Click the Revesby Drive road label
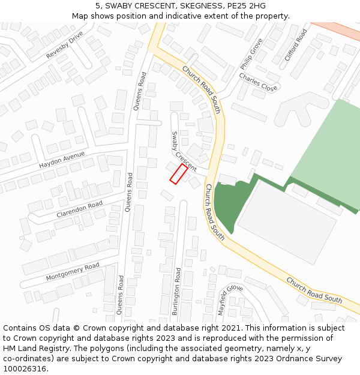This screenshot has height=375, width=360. coord(64,46)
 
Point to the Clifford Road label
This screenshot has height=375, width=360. coord(296,44)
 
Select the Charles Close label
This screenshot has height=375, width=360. coord(258,82)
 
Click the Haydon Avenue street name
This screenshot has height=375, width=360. coord(62,160)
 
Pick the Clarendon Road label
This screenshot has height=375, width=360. coord(80,209)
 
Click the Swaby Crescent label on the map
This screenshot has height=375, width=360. coord(184,152)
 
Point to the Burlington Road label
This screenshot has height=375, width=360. coord(176,292)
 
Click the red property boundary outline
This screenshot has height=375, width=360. coord(179,173)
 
